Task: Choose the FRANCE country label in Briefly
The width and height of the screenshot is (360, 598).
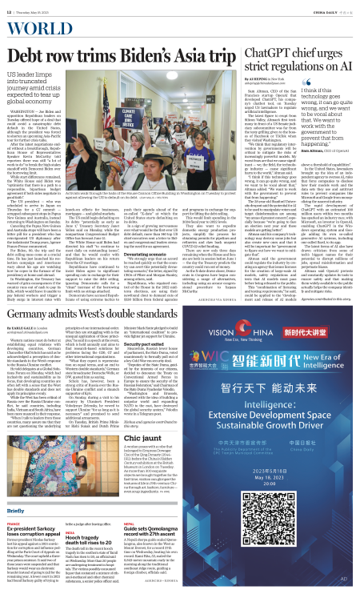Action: pos(16,524)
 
